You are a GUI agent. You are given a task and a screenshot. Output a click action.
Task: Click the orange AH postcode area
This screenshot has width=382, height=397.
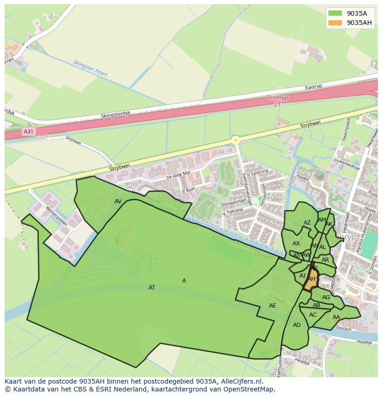(311, 279)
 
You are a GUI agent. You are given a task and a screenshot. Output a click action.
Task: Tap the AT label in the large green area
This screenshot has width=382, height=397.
(152, 288)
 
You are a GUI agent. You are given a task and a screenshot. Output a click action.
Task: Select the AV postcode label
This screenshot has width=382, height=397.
(118, 201)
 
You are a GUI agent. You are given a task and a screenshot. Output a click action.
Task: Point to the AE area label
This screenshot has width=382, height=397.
(273, 306)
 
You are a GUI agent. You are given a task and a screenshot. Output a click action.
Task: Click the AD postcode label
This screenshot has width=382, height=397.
(297, 325)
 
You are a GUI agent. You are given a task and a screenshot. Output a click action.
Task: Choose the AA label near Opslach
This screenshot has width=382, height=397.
(336, 317)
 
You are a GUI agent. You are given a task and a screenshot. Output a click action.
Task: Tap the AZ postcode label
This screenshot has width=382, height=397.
(307, 223)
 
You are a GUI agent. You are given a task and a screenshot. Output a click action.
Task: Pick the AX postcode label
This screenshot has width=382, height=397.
(296, 243)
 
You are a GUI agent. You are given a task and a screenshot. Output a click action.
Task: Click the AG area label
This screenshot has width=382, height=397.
(326, 297)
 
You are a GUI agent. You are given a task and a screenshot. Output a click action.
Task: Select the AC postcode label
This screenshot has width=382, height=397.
(313, 315)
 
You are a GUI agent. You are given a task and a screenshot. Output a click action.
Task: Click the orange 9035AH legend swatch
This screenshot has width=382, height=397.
(335, 23)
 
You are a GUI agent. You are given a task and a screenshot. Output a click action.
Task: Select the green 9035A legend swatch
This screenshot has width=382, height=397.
(335, 13)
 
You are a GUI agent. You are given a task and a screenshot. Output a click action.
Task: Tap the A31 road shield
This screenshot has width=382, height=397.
(29, 131)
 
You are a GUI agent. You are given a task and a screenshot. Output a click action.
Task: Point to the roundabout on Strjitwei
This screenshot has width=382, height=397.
(236, 140)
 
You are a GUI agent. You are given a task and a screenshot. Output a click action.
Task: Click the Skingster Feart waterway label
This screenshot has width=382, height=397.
(90, 68)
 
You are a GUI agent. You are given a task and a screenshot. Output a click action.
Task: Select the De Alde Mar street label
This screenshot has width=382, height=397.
(179, 175)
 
